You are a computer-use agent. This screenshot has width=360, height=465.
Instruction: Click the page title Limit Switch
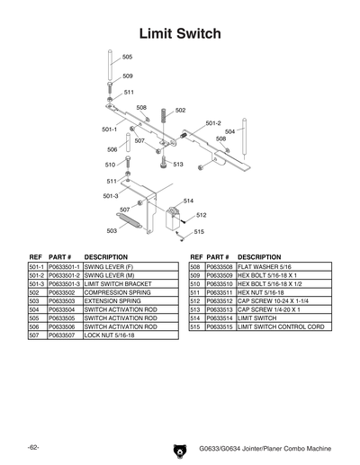[180, 34]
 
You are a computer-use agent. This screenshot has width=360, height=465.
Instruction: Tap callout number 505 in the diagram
[127, 58]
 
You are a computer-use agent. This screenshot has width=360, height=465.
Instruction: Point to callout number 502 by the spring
[180, 111]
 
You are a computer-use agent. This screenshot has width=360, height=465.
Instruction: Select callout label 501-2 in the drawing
[212, 123]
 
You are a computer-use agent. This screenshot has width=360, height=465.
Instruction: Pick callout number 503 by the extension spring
[112, 231]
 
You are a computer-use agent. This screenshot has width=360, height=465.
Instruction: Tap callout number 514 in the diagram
[188, 201]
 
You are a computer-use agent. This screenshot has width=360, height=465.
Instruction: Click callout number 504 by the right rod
[229, 131]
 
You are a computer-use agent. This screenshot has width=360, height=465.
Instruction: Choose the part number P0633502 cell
[61, 292]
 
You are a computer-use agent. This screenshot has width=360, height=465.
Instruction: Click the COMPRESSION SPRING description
[115, 292]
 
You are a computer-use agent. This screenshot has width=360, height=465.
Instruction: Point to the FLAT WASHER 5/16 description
[265, 268]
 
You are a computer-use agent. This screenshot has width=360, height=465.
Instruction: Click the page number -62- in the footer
[32, 447]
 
